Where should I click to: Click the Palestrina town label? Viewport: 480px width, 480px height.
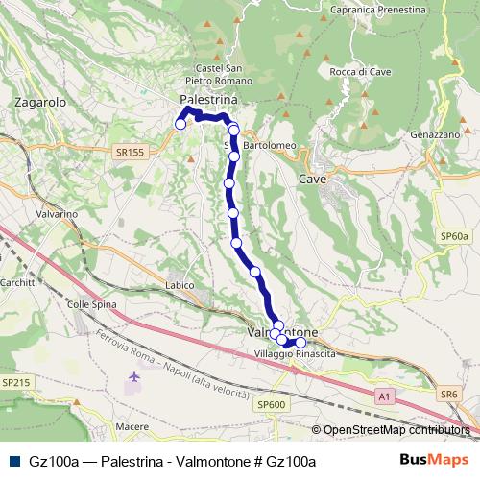tap(207, 100)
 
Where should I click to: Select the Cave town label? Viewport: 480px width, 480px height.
tap(313, 180)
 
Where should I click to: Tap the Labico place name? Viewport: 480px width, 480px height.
tap(180, 285)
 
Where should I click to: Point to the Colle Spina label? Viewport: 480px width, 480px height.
tap(90, 303)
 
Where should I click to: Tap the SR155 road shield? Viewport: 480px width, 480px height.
tap(128, 152)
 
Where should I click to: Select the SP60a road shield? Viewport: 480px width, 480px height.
tap(454, 236)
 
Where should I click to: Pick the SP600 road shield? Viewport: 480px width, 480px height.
tap(272, 405)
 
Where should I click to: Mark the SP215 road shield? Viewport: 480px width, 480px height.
tap(15, 383)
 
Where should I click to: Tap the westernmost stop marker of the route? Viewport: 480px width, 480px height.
tap(180, 123)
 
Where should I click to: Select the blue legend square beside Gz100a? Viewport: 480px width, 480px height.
tap(12, 461)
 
